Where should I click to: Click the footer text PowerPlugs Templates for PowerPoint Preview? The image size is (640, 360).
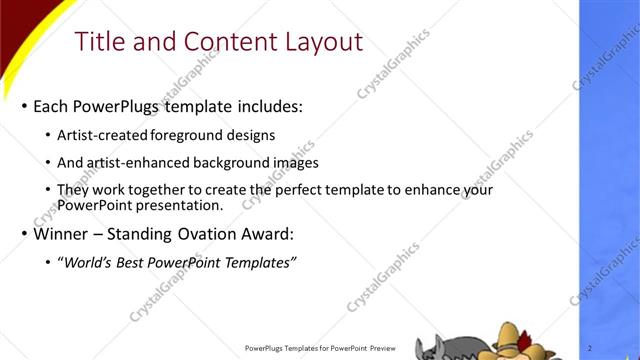pyautogui.click(x=323, y=348)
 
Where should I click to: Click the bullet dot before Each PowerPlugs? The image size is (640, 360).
pyautogui.click(x=24, y=106)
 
